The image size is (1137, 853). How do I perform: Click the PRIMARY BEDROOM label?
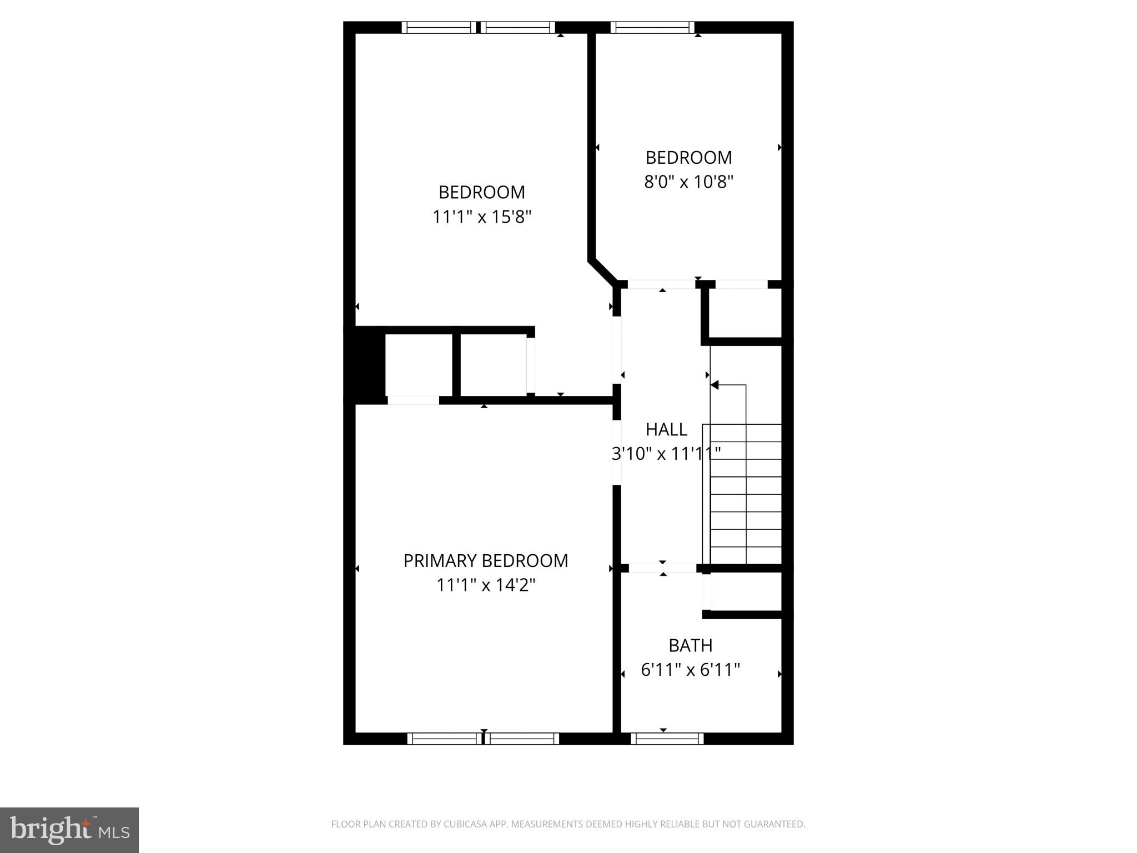click(485, 561)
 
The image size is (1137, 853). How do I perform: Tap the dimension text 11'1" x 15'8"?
click(482, 217)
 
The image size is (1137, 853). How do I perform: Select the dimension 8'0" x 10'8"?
click(688, 182)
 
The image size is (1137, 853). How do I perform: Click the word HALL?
click(666, 429)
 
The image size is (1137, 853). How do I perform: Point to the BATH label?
click(690, 645)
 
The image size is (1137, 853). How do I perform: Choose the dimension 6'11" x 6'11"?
click(690, 670)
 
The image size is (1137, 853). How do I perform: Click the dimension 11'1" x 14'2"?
click(485, 585)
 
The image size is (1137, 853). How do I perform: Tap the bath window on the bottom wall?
click(667, 738)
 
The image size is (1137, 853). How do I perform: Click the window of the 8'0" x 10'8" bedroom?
click(652, 27)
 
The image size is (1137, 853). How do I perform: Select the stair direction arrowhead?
click(715, 385)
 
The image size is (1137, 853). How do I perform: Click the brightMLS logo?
click(69, 829)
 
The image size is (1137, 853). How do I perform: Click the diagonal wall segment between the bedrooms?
click(603, 272)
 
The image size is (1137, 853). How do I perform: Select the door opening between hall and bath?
click(662, 568)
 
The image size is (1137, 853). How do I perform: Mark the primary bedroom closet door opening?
click(413, 400)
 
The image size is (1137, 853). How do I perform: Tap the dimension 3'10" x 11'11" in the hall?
click(666, 454)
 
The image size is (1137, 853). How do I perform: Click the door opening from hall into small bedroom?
click(661, 284)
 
